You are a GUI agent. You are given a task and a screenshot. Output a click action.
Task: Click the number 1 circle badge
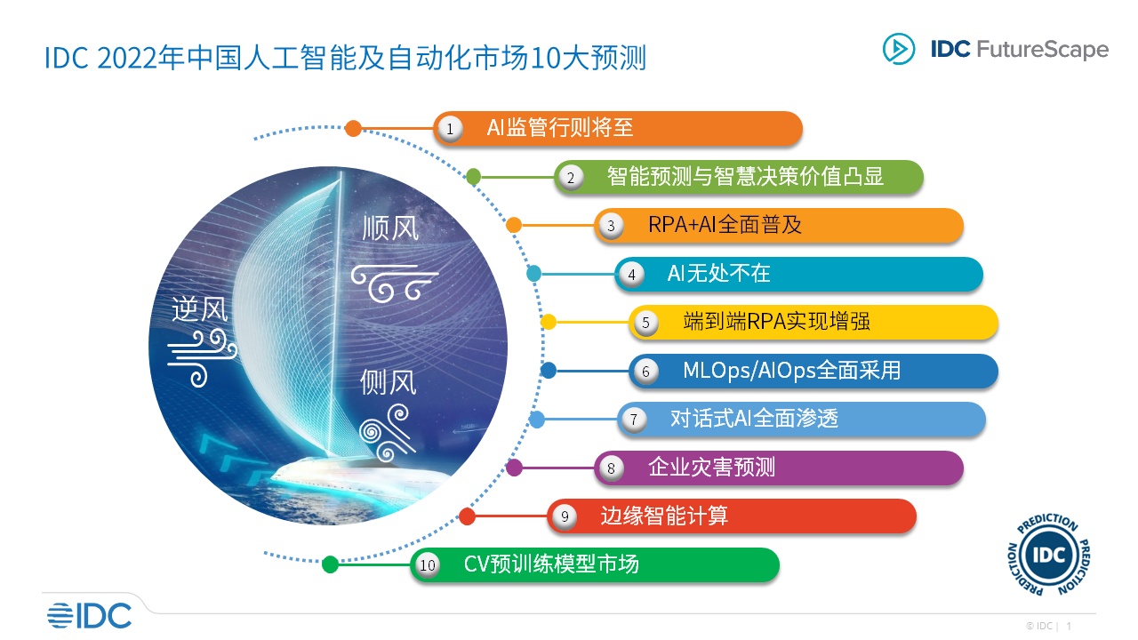(x=450, y=129)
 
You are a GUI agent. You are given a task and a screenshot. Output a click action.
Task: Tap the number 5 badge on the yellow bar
(x=645, y=323)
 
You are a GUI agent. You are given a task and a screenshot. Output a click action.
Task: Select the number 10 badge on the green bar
(x=428, y=565)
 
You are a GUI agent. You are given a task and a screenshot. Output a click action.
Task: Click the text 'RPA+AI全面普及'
(x=725, y=225)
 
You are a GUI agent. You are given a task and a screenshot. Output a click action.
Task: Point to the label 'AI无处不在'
(x=718, y=273)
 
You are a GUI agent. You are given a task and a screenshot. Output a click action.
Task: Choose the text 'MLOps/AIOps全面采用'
(x=791, y=371)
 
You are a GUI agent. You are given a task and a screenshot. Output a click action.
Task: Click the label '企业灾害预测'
(x=711, y=467)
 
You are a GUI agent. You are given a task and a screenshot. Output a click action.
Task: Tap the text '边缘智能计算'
(x=664, y=516)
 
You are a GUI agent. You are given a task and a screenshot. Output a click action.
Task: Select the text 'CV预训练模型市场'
(x=551, y=564)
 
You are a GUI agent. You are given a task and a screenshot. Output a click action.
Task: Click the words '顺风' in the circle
(x=390, y=228)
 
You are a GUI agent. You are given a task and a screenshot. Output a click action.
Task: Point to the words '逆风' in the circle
(x=200, y=308)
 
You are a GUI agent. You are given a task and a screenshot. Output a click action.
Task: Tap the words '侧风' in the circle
(x=389, y=382)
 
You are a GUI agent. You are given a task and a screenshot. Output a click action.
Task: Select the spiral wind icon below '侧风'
(x=387, y=433)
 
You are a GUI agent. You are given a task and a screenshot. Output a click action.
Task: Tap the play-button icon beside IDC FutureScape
(x=898, y=49)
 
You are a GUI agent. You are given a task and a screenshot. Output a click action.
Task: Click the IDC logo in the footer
(x=90, y=616)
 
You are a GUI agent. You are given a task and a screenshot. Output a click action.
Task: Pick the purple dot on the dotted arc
(x=514, y=468)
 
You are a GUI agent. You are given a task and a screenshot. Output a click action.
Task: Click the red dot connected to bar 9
(x=467, y=516)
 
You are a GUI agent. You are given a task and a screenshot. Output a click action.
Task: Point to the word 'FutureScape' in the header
(x=1043, y=49)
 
